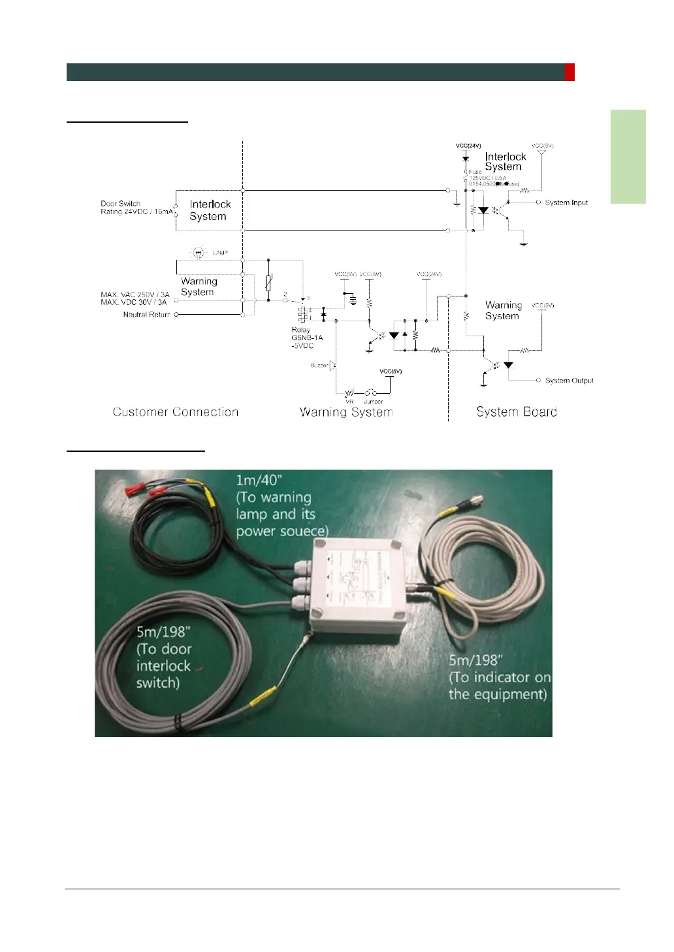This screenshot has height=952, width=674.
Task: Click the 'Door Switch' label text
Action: click(x=121, y=204)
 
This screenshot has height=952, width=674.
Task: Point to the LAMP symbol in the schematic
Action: click(x=197, y=252)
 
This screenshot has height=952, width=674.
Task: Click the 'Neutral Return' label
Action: click(x=146, y=315)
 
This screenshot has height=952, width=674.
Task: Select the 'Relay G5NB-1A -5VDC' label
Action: click(x=306, y=338)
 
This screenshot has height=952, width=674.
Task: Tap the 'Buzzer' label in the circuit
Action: click(x=319, y=366)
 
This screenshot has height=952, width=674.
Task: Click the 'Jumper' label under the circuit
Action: click(x=374, y=402)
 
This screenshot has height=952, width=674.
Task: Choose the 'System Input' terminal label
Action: click(x=566, y=202)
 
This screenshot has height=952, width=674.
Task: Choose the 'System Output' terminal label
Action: click(x=569, y=380)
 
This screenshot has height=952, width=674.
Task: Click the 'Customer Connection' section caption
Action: click(x=175, y=412)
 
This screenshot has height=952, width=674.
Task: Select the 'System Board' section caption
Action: click(x=516, y=411)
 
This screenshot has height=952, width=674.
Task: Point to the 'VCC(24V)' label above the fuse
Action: click(x=468, y=146)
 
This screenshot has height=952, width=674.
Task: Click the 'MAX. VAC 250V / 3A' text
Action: click(x=135, y=294)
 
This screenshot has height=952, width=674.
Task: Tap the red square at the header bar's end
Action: click(x=570, y=72)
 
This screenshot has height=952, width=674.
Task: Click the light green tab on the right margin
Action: click(x=628, y=157)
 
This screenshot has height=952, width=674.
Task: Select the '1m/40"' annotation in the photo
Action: click(x=259, y=481)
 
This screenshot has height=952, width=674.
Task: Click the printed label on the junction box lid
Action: click(x=358, y=581)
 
